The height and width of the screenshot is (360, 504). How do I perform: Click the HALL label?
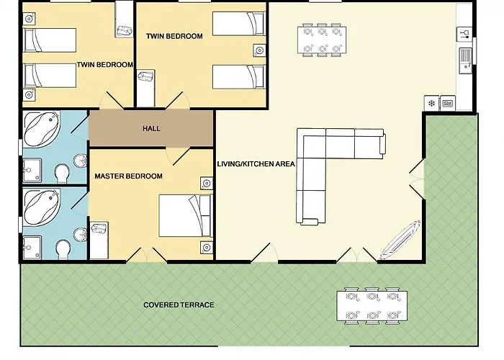pyautogui.click(x=151, y=129)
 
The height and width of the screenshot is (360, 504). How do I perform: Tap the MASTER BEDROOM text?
pyautogui.click(x=128, y=176)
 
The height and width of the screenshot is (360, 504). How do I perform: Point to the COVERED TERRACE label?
pyautogui.click(x=179, y=305)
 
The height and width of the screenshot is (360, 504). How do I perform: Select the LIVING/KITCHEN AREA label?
pyautogui.click(x=256, y=164)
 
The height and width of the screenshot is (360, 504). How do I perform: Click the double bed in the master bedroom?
pyautogui.click(x=186, y=215)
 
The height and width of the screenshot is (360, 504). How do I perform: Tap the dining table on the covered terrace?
pyautogui.click(x=372, y=306)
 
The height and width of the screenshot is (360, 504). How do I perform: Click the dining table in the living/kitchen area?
pyautogui.click(x=322, y=40)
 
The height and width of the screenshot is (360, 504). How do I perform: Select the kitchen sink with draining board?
pyautogui.click(x=465, y=60)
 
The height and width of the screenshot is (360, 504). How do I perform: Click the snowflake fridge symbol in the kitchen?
pyautogui.click(x=431, y=103)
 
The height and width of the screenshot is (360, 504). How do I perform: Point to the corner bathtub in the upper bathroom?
pyautogui.click(x=42, y=130)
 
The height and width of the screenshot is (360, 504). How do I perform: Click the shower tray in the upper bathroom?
pyautogui.click(x=32, y=170)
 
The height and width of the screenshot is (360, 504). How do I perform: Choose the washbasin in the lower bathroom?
pyautogui.click(x=81, y=234)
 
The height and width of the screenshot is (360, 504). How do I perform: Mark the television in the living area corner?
pyautogui.click(x=400, y=240)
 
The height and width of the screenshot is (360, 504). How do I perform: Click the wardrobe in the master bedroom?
pyautogui.click(x=99, y=240)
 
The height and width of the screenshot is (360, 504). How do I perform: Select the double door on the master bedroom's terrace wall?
pyautogui.click(x=147, y=255)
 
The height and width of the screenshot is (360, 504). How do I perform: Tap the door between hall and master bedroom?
pyautogui.click(x=178, y=156)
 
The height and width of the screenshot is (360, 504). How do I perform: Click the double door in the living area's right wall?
pyautogui.click(x=417, y=179)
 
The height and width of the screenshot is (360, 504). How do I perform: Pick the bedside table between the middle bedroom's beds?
pyautogui.click(x=259, y=50)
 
